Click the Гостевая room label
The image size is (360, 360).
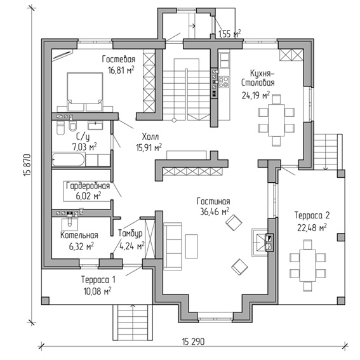click(119, 60)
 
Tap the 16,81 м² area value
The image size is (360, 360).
click(121, 70)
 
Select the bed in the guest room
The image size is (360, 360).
click(85, 92)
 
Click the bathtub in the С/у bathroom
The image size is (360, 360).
click(69, 159)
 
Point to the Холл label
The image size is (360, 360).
click(150, 137)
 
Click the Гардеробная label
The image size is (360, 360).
click(88, 185)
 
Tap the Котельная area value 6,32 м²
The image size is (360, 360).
click(81, 246)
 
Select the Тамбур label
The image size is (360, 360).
click(130, 233)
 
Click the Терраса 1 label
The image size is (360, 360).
click(98, 280)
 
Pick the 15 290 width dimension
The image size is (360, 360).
click(193, 342)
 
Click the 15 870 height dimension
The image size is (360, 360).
click(27, 165)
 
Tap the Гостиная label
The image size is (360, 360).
click(213, 201)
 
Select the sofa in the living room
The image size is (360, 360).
click(173, 246)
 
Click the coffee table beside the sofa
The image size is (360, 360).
click(192, 246)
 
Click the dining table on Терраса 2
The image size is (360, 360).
click(308, 265)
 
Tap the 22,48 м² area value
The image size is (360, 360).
click(312, 228)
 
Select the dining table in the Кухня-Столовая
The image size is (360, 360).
click(276, 120)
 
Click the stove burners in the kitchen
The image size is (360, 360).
click(223, 82)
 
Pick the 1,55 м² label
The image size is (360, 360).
click(229, 34)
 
